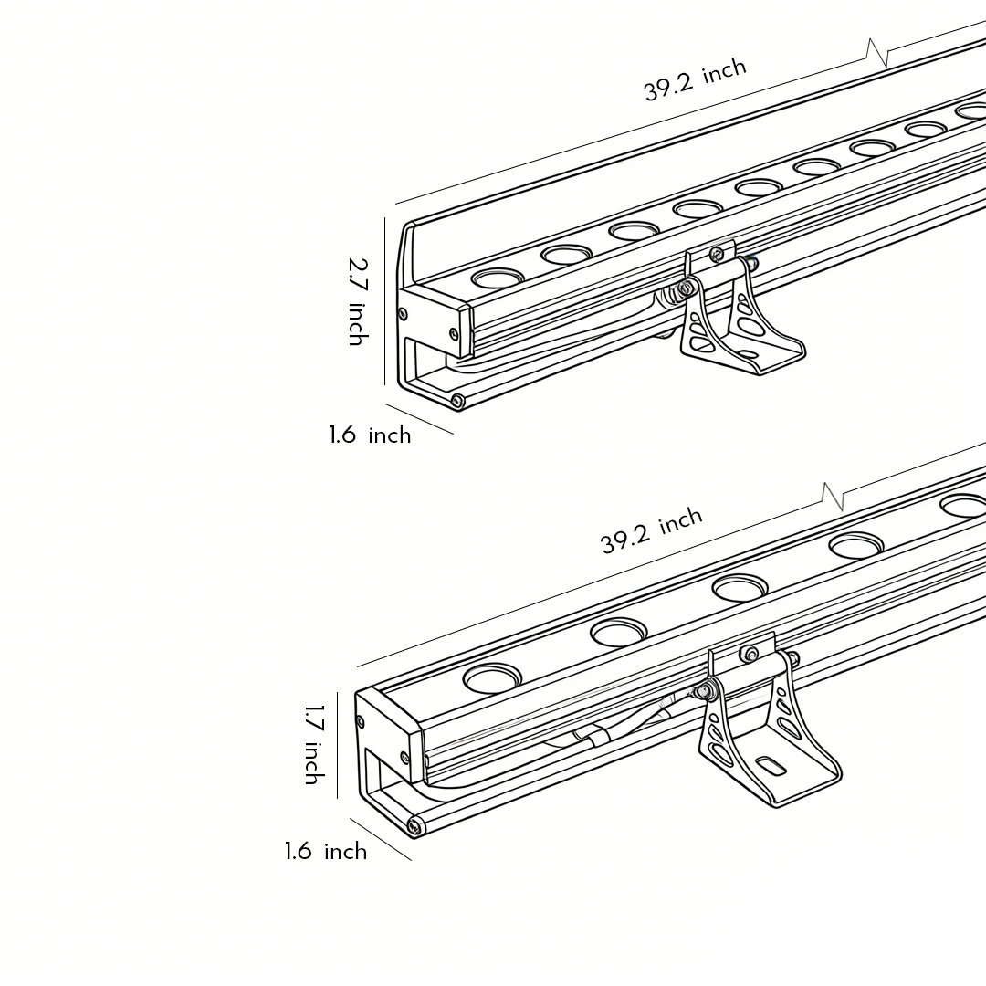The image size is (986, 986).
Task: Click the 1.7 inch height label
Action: coord(312,744)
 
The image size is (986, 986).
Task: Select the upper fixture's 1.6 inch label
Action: coord(370,435)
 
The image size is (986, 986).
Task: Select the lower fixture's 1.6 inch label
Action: coord(325,852)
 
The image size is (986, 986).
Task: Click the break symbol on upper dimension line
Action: coord(877,52)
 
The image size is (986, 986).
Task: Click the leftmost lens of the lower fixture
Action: coord(492,678)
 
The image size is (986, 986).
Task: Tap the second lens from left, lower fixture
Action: coord(618,630)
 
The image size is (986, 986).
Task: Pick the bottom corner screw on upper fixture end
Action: coord(457,401)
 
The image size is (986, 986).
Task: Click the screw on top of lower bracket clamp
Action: coord(750,653)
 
